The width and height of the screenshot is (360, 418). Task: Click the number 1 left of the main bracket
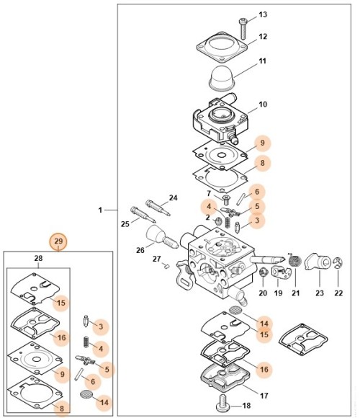click(100, 210)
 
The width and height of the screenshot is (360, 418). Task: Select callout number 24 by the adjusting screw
click(173, 197)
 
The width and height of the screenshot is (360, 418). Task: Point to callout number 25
click(125, 224)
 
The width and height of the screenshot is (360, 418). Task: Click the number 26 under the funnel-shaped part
click(140, 251)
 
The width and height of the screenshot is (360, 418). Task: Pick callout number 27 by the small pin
click(156, 258)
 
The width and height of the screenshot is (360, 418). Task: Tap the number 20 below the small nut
click(262, 293)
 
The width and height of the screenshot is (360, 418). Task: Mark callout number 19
click(278, 293)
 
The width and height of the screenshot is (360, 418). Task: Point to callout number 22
click(339, 293)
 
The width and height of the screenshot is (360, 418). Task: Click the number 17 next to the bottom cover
click(264, 395)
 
